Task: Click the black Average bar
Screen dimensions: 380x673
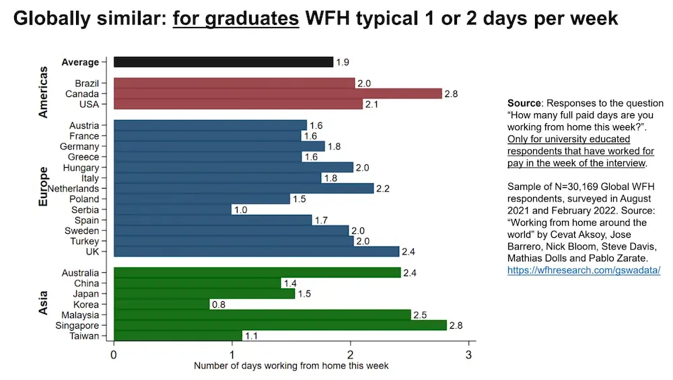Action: click(223, 62)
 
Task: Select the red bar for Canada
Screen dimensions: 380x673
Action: click(277, 94)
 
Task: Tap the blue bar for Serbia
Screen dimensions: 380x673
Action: click(172, 210)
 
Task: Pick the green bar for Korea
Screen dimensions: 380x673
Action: click(162, 305)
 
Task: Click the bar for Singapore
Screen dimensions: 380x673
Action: click(280, 325)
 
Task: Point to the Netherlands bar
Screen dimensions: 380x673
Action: click(244, 189)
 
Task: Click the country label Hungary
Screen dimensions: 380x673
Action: click(81, 168)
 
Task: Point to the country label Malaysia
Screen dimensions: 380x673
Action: click(80, 315)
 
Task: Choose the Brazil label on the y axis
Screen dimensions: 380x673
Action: click(87, 84)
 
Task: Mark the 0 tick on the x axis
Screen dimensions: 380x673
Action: click(114, 355)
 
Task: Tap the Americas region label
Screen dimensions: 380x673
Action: click(44, 92)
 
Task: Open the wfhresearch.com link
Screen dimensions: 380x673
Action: click(583, 270)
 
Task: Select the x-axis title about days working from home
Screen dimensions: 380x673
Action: click(291, 366)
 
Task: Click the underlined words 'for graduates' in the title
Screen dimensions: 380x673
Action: click(236, 18)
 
